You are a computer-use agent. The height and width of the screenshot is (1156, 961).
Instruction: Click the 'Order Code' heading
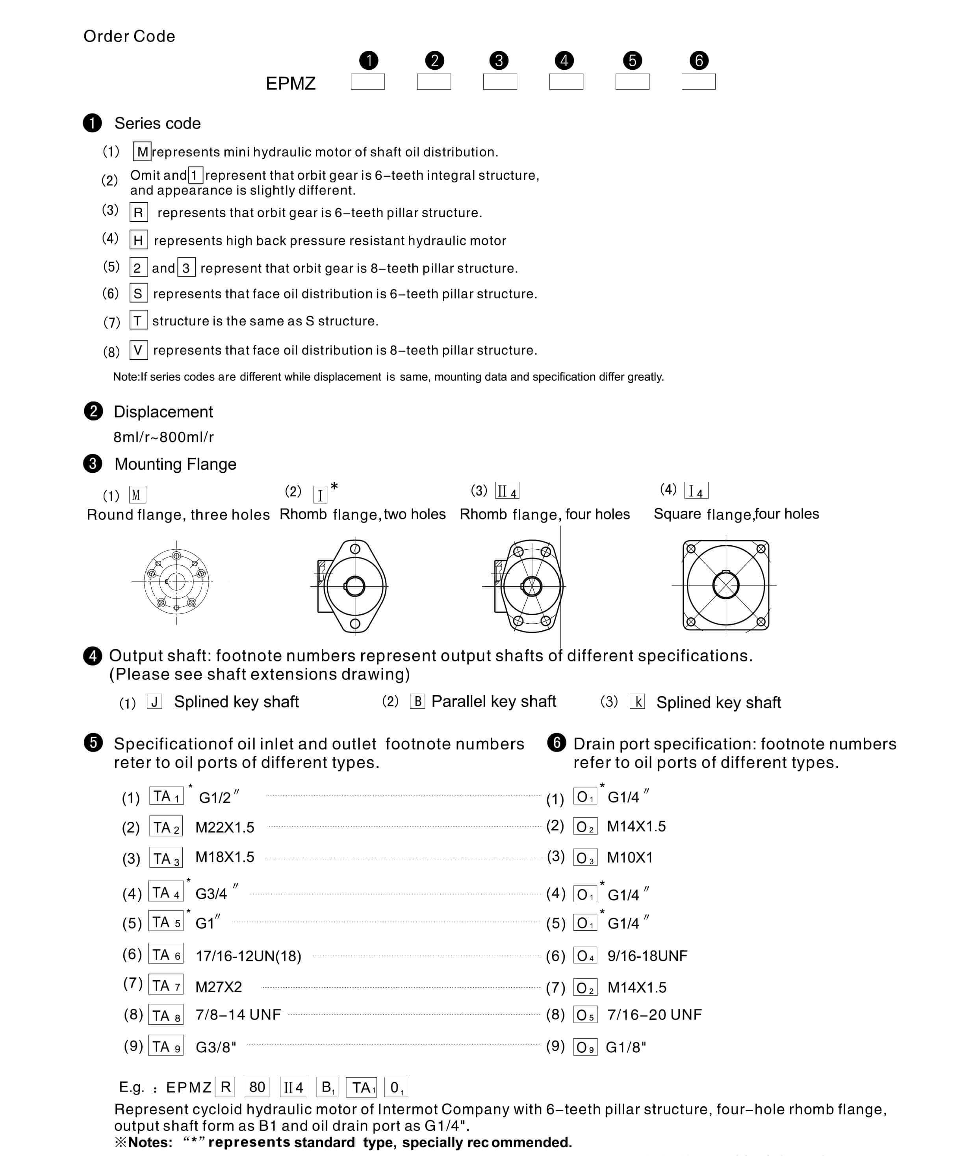(129, 36)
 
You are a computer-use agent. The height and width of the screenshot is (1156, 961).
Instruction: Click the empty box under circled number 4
(566, 82)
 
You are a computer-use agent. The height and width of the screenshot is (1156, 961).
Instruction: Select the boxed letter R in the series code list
(138, 212)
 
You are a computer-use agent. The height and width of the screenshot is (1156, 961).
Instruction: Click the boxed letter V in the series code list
(138, 350)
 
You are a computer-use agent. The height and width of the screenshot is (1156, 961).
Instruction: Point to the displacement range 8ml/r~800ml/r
(163, 437)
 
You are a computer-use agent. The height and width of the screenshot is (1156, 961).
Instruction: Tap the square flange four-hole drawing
(725, 585)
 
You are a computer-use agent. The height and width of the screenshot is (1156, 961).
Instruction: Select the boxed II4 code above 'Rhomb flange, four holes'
(507, 491)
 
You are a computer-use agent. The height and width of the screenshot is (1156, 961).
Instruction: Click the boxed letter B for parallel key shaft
(417, 701)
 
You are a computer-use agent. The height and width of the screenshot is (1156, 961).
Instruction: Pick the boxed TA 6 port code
(166, 955)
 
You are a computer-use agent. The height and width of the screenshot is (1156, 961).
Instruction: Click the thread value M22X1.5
(224, 827)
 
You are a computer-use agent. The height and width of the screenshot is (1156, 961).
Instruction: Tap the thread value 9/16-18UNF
(647, 955)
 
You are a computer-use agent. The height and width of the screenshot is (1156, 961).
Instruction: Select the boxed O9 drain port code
(585, 1047)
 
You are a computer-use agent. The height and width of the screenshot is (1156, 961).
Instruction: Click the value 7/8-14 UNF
(238, 1015)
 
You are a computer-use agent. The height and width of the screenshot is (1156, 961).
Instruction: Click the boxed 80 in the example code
(257, 1087)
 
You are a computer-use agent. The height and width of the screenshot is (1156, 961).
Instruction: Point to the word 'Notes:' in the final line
(150, 1142)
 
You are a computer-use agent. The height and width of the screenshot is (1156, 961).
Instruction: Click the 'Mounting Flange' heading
(175, 464)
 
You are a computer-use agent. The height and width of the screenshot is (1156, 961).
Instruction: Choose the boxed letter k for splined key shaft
(637, 702)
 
